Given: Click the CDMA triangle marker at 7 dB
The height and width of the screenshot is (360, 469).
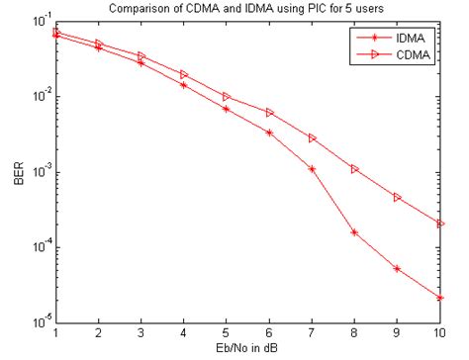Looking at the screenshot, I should pyautogui.click(x=312, y=138).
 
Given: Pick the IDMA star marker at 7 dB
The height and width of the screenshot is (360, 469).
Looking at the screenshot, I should pyautogui.click(x=312, y=169).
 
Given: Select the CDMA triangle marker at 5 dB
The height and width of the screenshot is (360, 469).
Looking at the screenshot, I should pyautogui.click(x=227, y=97).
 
